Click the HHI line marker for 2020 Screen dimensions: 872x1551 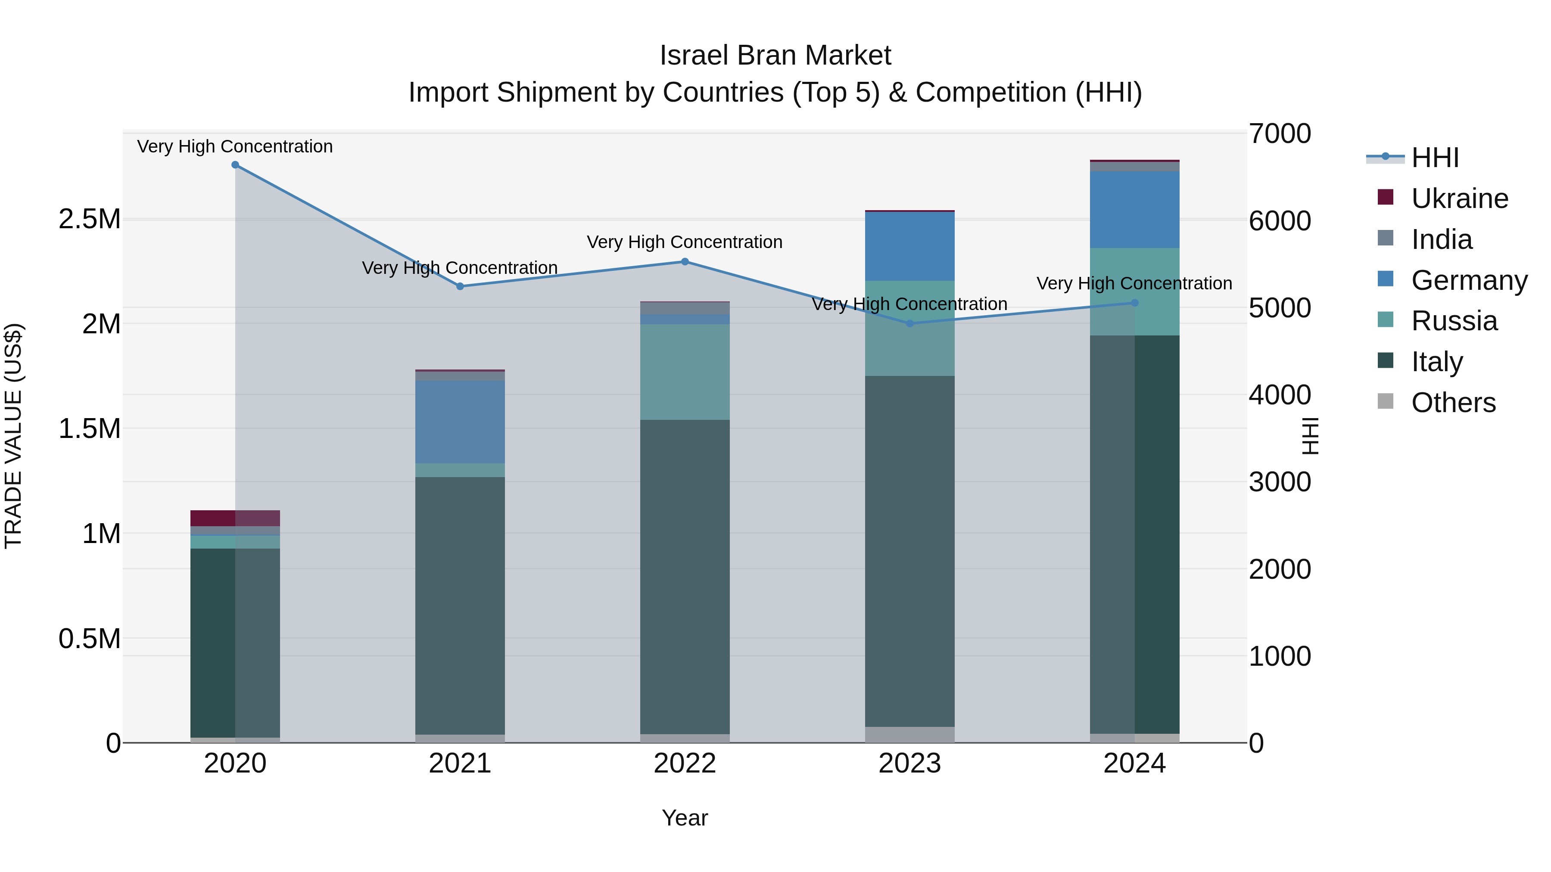tap(235, 165)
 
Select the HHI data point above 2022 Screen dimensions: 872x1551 tap(685, 262)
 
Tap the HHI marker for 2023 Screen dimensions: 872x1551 tap(910, 324)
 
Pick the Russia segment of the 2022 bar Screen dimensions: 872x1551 tap(685, 372)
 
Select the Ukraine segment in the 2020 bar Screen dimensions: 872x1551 tap(235, 518)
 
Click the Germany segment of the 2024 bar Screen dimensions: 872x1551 tap(1134, 209)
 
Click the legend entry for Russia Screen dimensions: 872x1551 tap(1454, 321)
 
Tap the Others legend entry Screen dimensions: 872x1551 tap(1453, 403)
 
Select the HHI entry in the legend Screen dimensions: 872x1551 tap(1434, 158)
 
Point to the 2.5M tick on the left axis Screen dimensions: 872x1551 tap(90, 219)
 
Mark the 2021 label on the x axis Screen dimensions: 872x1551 tap(460, 763)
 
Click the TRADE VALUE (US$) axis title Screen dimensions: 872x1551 tap(13, 436)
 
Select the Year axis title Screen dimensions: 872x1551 tap(685, 818)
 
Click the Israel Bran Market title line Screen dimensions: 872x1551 tap(775, 56)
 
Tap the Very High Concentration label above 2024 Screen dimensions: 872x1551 tap(1134, 283)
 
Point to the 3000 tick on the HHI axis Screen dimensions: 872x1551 tap(1280, 482)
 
